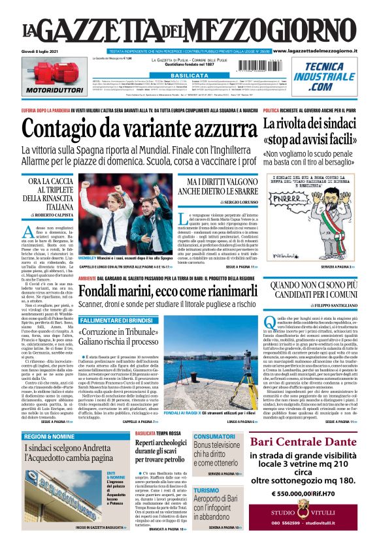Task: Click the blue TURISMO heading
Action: [206, 490]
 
